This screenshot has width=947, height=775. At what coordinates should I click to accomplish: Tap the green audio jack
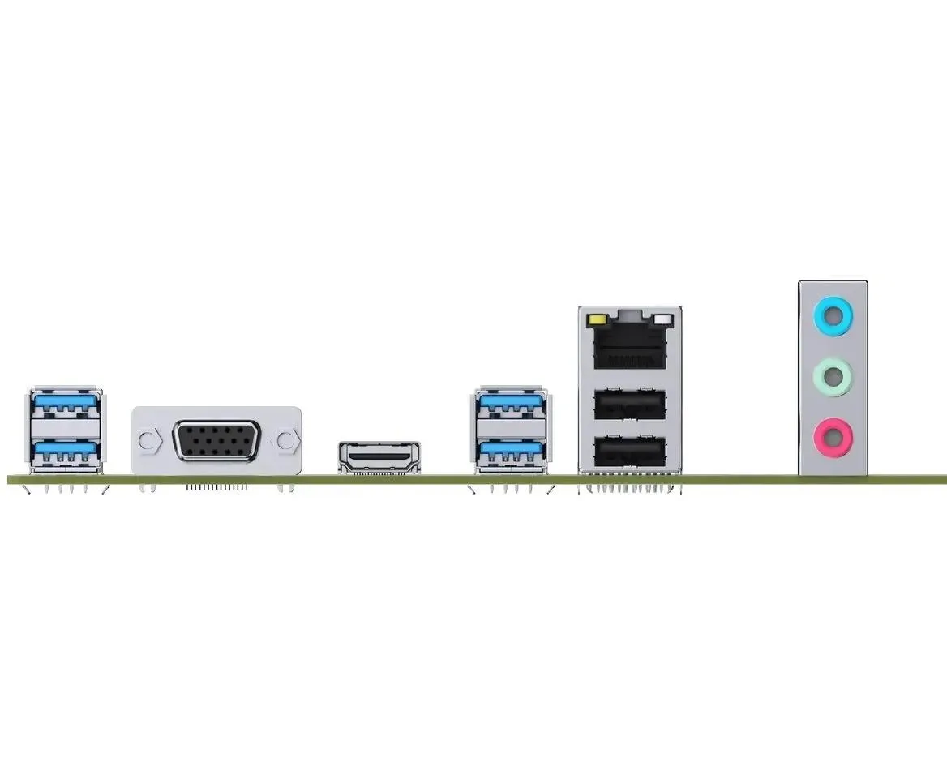(833, 375)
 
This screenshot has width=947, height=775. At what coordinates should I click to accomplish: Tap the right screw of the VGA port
(285, 441)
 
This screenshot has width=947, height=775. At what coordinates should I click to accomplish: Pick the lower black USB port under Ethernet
(630, 451)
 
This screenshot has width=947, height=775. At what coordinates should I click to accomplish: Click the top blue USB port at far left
(66, 405)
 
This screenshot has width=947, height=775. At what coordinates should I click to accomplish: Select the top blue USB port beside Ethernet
(511, 405)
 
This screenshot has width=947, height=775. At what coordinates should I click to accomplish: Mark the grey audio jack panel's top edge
(833, 282)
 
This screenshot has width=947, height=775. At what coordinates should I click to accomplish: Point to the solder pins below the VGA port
(216, 488)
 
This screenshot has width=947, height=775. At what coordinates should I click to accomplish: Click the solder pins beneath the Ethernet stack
(630, 490)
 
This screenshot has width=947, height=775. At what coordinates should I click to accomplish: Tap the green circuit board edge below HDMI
(379, 480)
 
